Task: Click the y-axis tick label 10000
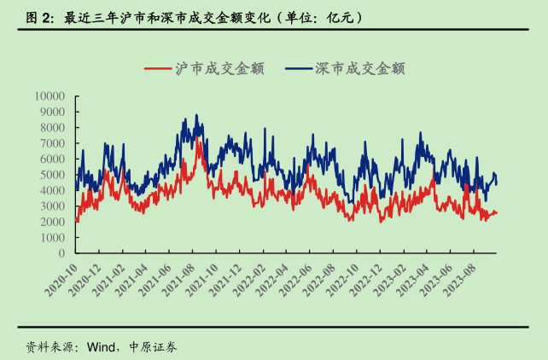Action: click(x=50, y=95)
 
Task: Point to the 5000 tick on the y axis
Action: click(x=54, y=174)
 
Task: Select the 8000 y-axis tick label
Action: click(x=54, y=126)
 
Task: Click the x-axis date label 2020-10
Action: click(x=61, y=278)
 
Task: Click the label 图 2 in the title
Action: click(x=40, y=16)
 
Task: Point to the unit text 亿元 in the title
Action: click(x=341, y=16)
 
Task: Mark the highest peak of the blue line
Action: click(x=195, y=115)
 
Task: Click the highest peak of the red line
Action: click(x=197, y=136)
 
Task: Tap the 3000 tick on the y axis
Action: click(x=54, y=206)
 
